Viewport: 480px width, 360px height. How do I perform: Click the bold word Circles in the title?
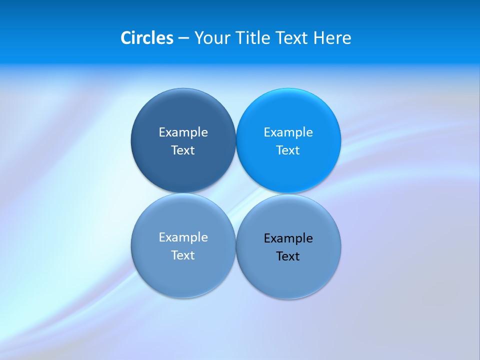click(x=146, y=38)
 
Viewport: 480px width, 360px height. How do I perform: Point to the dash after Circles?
click(x=183, y=38)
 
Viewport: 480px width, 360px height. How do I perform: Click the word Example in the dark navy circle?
click(x=183, y=132)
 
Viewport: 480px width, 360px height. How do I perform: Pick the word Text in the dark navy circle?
click(x=183, y=150)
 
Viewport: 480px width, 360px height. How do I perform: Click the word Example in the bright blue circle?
click(x=288, y=132)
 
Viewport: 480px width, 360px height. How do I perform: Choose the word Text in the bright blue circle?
click(x=288, y=150)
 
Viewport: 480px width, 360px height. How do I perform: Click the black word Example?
click(x=288, y=238)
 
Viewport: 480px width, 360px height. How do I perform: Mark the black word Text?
click(x=288, y=256)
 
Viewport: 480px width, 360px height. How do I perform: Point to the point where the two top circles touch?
click(x=236, y=140)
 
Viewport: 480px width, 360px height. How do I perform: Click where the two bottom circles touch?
click(x=236, y=246)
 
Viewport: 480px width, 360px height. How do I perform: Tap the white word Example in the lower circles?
click(x=183, y=237)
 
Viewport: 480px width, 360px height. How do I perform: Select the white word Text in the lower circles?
click(x=183, y=255)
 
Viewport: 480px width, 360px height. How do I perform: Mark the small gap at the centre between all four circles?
click(x=236, y=193)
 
